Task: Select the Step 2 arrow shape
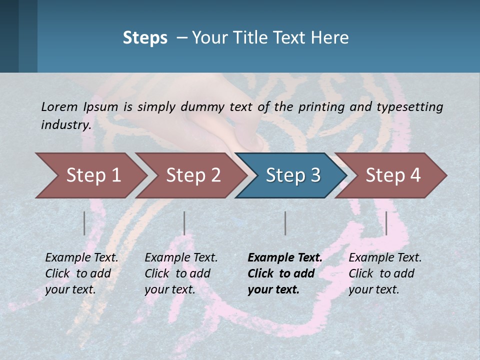193,175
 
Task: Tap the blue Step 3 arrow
293,175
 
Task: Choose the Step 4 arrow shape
393,175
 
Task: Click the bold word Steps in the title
145,38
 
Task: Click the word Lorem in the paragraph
59,106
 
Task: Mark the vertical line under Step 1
84,223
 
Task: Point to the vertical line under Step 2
184,223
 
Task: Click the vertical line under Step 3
285,223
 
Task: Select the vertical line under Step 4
386,223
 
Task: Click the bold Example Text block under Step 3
285,273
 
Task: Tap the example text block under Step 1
81,273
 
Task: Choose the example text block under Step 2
181,273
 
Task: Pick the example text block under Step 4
385,273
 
